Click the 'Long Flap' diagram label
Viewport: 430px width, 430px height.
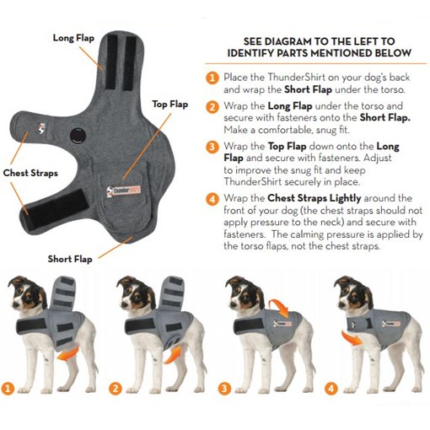(73, 38)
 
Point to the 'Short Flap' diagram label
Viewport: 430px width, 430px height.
(71, 259)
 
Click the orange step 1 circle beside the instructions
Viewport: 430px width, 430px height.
(212, 77)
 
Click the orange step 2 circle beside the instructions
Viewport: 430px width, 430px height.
(212, 107)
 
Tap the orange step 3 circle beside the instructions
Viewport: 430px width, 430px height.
(212, 147)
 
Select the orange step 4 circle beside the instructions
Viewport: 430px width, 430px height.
(212, 198)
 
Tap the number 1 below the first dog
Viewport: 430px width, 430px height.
(8, 390)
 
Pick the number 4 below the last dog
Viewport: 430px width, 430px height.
(331, 390)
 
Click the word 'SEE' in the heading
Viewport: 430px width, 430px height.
(255, 40)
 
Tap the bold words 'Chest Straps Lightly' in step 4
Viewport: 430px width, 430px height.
(310, 198)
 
